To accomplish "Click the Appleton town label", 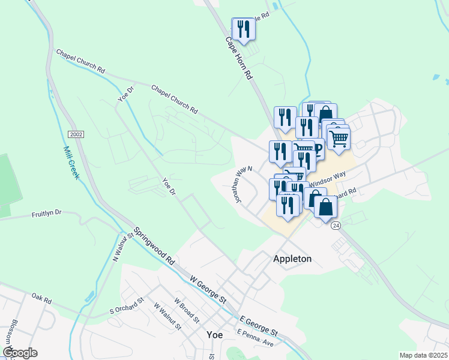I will click(x=292, y=259).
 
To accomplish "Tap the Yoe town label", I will click(x=214, y=335).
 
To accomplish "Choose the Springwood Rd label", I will click(x=153, y=245).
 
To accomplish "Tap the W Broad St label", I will click(x=185, y=309).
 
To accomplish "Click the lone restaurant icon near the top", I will click(x=243, y=28).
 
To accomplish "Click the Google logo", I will click(x=20, y=353).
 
